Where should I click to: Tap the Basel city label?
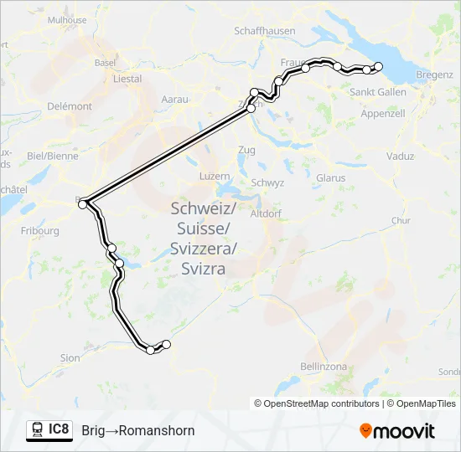point(105,62)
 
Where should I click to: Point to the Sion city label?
point(70,357)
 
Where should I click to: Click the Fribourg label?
point(41,230)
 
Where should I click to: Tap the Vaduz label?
point(401,156)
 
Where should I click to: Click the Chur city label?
point(401,221)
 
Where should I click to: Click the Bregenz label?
point(433,74)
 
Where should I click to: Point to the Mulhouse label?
point(67,20)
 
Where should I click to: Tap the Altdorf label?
point(266,213)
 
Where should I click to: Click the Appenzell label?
point(383,113)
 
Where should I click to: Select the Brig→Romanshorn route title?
point(138,430)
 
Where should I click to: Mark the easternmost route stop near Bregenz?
point(378,66)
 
